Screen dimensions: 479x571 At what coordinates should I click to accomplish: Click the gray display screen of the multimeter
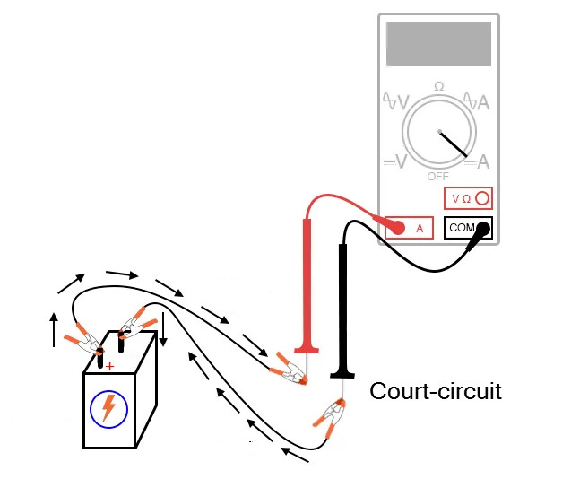(438, 43)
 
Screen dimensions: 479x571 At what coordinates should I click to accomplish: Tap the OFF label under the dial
(438, 177)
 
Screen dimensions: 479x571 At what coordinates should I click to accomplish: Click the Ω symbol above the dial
(438, 86)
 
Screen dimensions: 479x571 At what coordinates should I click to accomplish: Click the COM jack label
(461, 228)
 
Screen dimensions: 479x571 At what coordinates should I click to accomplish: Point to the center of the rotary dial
(438, 132)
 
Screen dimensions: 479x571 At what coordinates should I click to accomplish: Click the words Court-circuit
(436, 391)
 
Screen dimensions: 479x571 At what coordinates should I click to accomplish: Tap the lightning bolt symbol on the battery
(109, 408)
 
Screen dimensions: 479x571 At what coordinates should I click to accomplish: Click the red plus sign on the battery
(109, 366)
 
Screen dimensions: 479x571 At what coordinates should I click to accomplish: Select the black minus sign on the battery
(131, 353)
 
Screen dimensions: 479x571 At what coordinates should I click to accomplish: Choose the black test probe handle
(342, 305)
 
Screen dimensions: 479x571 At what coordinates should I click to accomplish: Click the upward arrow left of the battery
(54, 329)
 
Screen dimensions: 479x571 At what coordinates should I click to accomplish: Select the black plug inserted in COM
(482, 229)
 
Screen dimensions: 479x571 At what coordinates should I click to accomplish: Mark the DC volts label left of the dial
(395, 161)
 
